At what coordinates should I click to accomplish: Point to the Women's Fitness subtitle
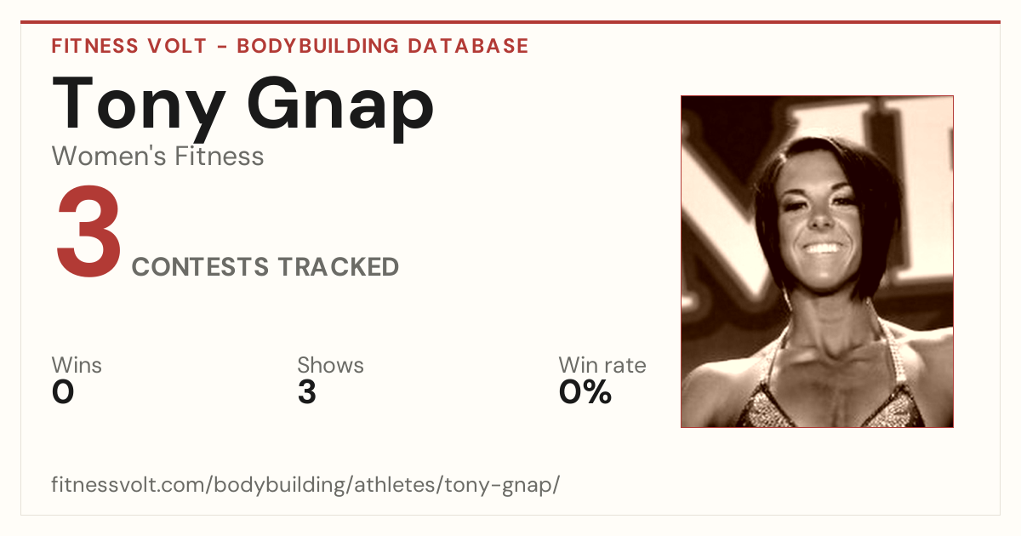point(157,156)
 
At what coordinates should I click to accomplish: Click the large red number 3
point(88,231)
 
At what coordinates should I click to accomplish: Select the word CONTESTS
point(200,266)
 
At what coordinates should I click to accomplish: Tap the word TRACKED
point(339,266)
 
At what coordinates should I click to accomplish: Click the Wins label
point(77,365)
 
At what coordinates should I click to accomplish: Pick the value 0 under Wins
point(63,392)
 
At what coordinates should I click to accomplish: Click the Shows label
point(330,365)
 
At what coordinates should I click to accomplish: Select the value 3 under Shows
point(307,392)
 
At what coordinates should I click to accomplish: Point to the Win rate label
point(602,365)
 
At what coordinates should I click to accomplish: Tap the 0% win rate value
point(585,392)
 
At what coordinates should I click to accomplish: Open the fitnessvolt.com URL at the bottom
point(305,484)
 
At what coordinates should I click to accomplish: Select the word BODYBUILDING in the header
point(317,46)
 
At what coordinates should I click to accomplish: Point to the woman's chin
point(826,279)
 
